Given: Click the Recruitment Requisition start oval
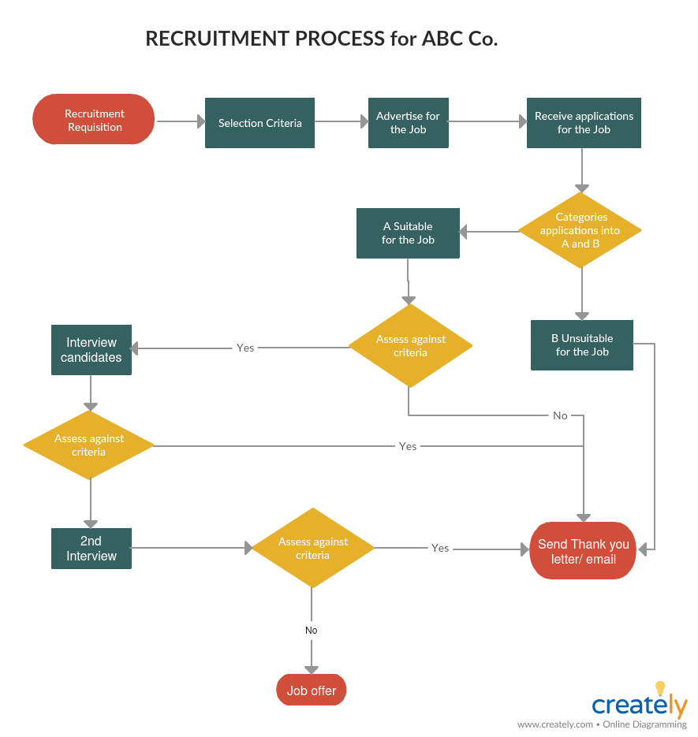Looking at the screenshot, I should pyautogui.click(x=94, y=120).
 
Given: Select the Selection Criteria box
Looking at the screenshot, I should pyautogui.click(x=259, y=123).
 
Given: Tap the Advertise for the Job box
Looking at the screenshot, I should pyautogui.click(x=408, y=123).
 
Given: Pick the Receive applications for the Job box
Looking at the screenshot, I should pyautogui.click(x=584, y=123).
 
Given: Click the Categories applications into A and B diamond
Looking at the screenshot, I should pyautogui.click(x=580, y=230).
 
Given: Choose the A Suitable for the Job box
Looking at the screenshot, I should pyautogui.click(x=408, y=233).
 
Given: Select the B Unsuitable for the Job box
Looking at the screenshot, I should pyautogui.click(x=582, y=345).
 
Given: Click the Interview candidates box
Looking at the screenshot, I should pyautogui.click(x=91, y=350).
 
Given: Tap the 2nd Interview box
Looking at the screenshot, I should pyautogui.click(x=91, y=549).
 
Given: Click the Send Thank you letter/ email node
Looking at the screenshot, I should pyautogui.click(x=583, y=551).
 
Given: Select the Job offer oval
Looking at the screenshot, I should pyautogui.click(x=312, y=690).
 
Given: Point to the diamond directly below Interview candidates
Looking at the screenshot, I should pyautogui.click(x=88, y=445).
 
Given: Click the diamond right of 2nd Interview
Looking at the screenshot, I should pyautogui.click(x=312, y=548).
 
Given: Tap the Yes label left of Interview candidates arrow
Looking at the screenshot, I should pyautogui.click(x=245, y=348).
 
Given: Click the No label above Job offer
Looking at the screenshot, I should pyautogui.click(x=312, y=631).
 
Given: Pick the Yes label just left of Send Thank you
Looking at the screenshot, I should pyautogui.click(x=440, y=548).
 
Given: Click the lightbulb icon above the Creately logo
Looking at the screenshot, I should pyautogui.click(x=661, y=688).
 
